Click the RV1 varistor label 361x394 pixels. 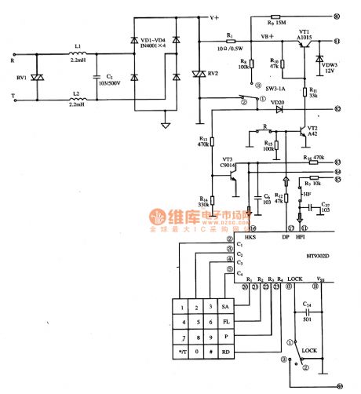pos(20,78)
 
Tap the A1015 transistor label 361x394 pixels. pos(304,36)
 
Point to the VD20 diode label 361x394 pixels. pos(276,102)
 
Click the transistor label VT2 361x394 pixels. pos(312,128)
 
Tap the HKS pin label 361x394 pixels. pos(250,236)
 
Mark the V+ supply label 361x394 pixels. pos(214,15)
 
